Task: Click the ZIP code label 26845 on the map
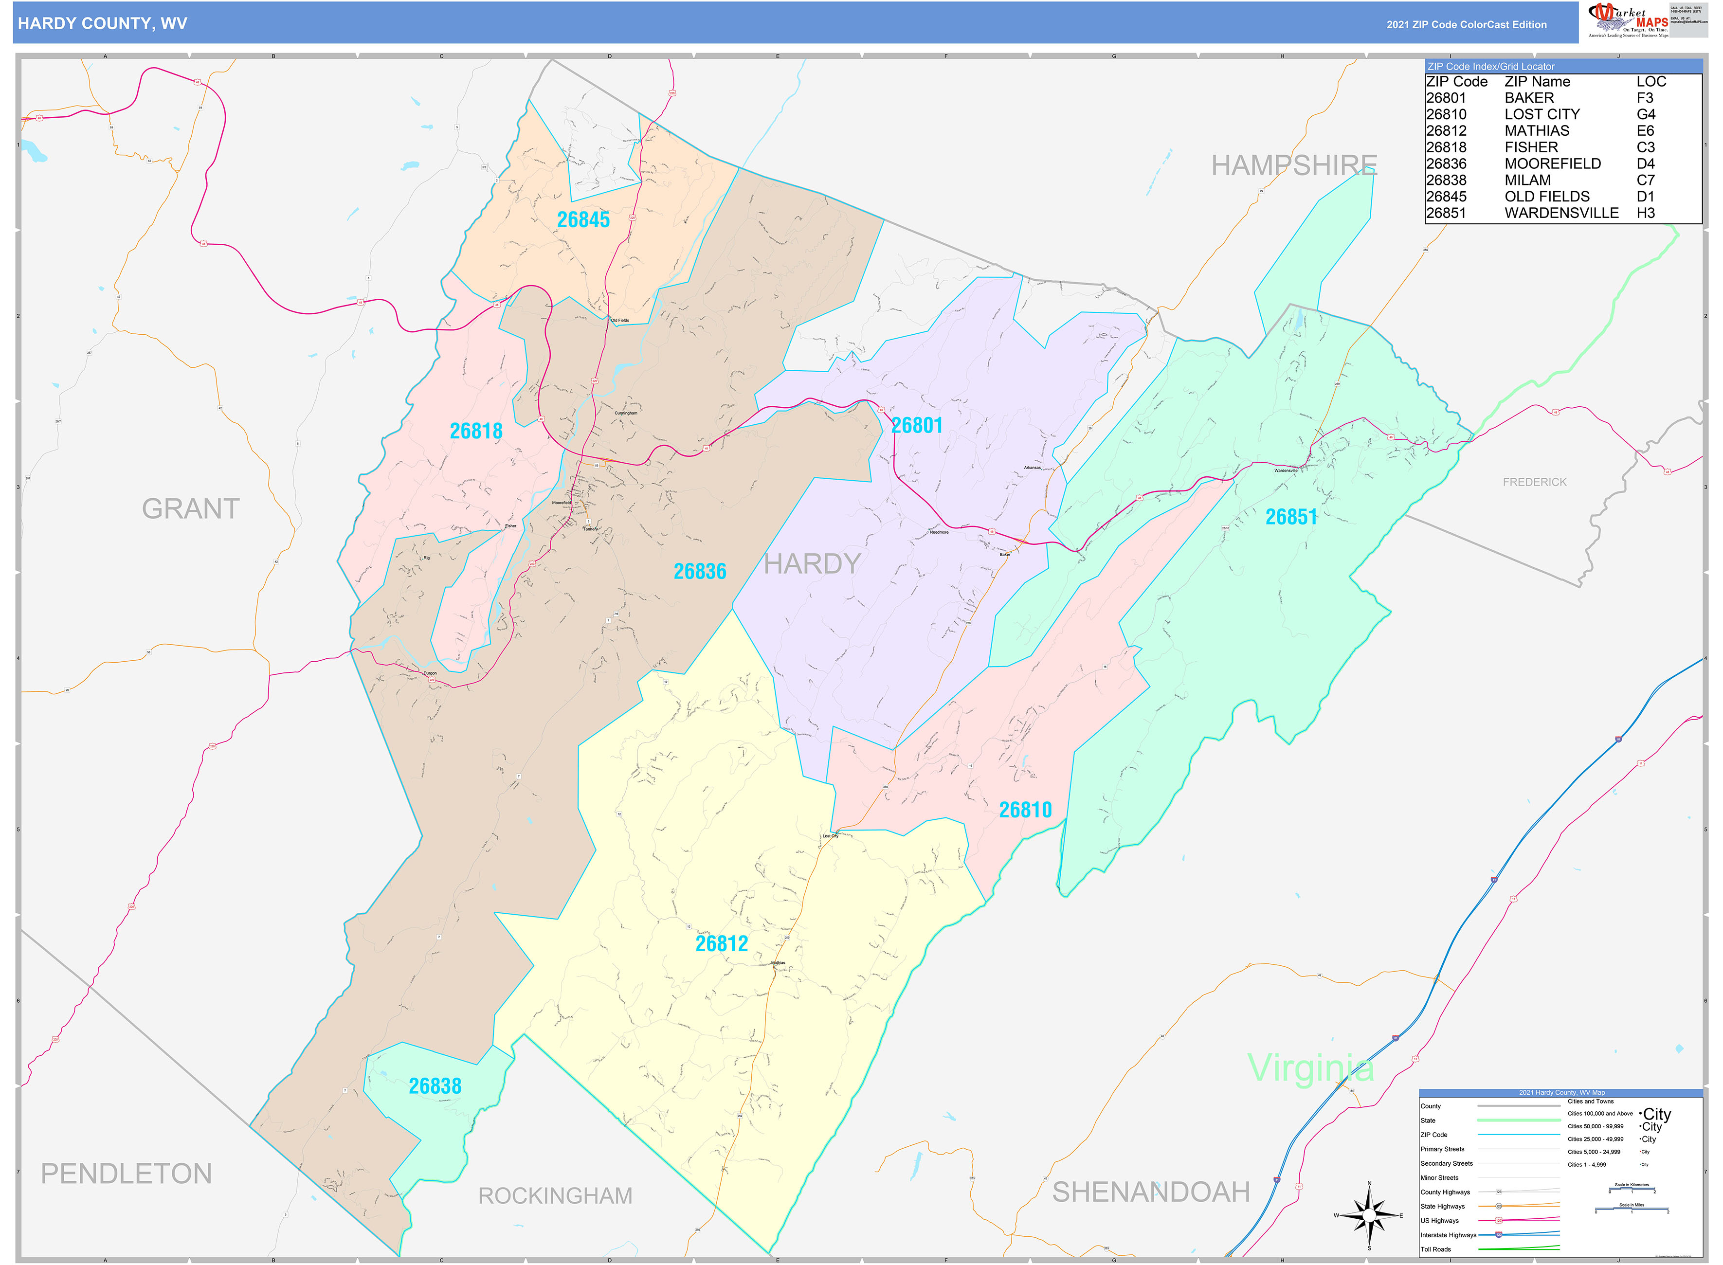[x=583, y=220]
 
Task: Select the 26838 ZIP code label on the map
[x=435, y=1086]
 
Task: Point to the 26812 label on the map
[x=721, y=943]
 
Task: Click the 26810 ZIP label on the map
[x=1025, y=810]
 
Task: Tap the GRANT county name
[x=191, y=508]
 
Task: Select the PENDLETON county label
[x=127, y=1173]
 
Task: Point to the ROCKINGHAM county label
[x=555, y=1195]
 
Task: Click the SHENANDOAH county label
[x=1150, y=1192]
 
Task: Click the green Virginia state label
[x=1310, y=1067]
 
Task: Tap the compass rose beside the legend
[x=1369, y=1215]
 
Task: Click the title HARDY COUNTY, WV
[x=103, y=24]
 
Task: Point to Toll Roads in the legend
[x=1436, y=1249]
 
